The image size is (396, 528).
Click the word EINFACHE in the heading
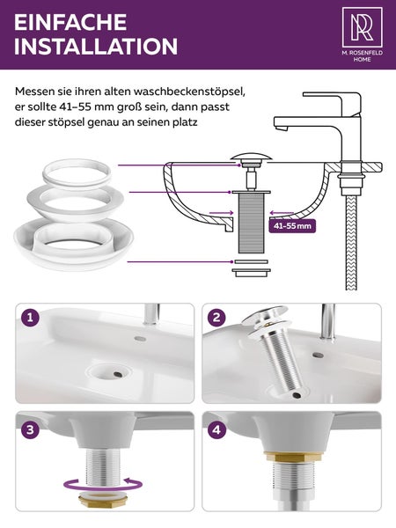coord(70,23)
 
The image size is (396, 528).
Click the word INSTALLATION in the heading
coord(96,46)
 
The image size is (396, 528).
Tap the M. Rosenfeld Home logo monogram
coord(362,27)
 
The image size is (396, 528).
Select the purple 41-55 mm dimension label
coord(292,225)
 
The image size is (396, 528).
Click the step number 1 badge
coord(30,318)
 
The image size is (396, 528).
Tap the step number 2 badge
coord(216,318)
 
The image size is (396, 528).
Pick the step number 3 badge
coord(30,429)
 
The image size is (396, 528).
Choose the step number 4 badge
coord(216,429)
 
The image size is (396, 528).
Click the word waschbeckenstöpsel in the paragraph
coord(189,92)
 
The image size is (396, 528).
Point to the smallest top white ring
coord(77,172)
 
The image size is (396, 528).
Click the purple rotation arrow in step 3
coord(103,486)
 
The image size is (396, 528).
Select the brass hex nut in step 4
coord(293,456)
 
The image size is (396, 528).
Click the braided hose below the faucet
coord(351,243)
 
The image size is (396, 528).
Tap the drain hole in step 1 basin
coord(117,374)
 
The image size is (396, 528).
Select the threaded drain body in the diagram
coord(251,223)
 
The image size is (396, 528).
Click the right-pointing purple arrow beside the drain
coord(221,213)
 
